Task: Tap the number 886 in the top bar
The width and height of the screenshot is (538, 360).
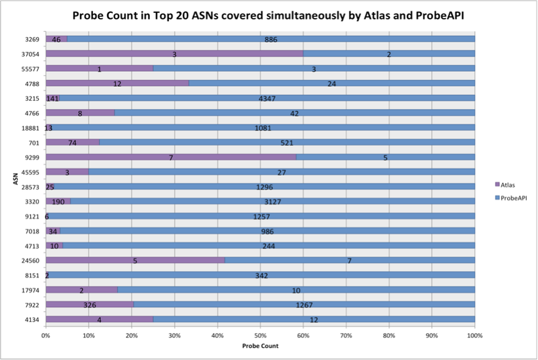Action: coord(270,40)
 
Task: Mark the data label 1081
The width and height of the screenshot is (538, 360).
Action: coord(261,128)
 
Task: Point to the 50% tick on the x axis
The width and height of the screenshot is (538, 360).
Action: coord(260,334)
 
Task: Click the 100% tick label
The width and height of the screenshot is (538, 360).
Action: coord(475,334)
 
